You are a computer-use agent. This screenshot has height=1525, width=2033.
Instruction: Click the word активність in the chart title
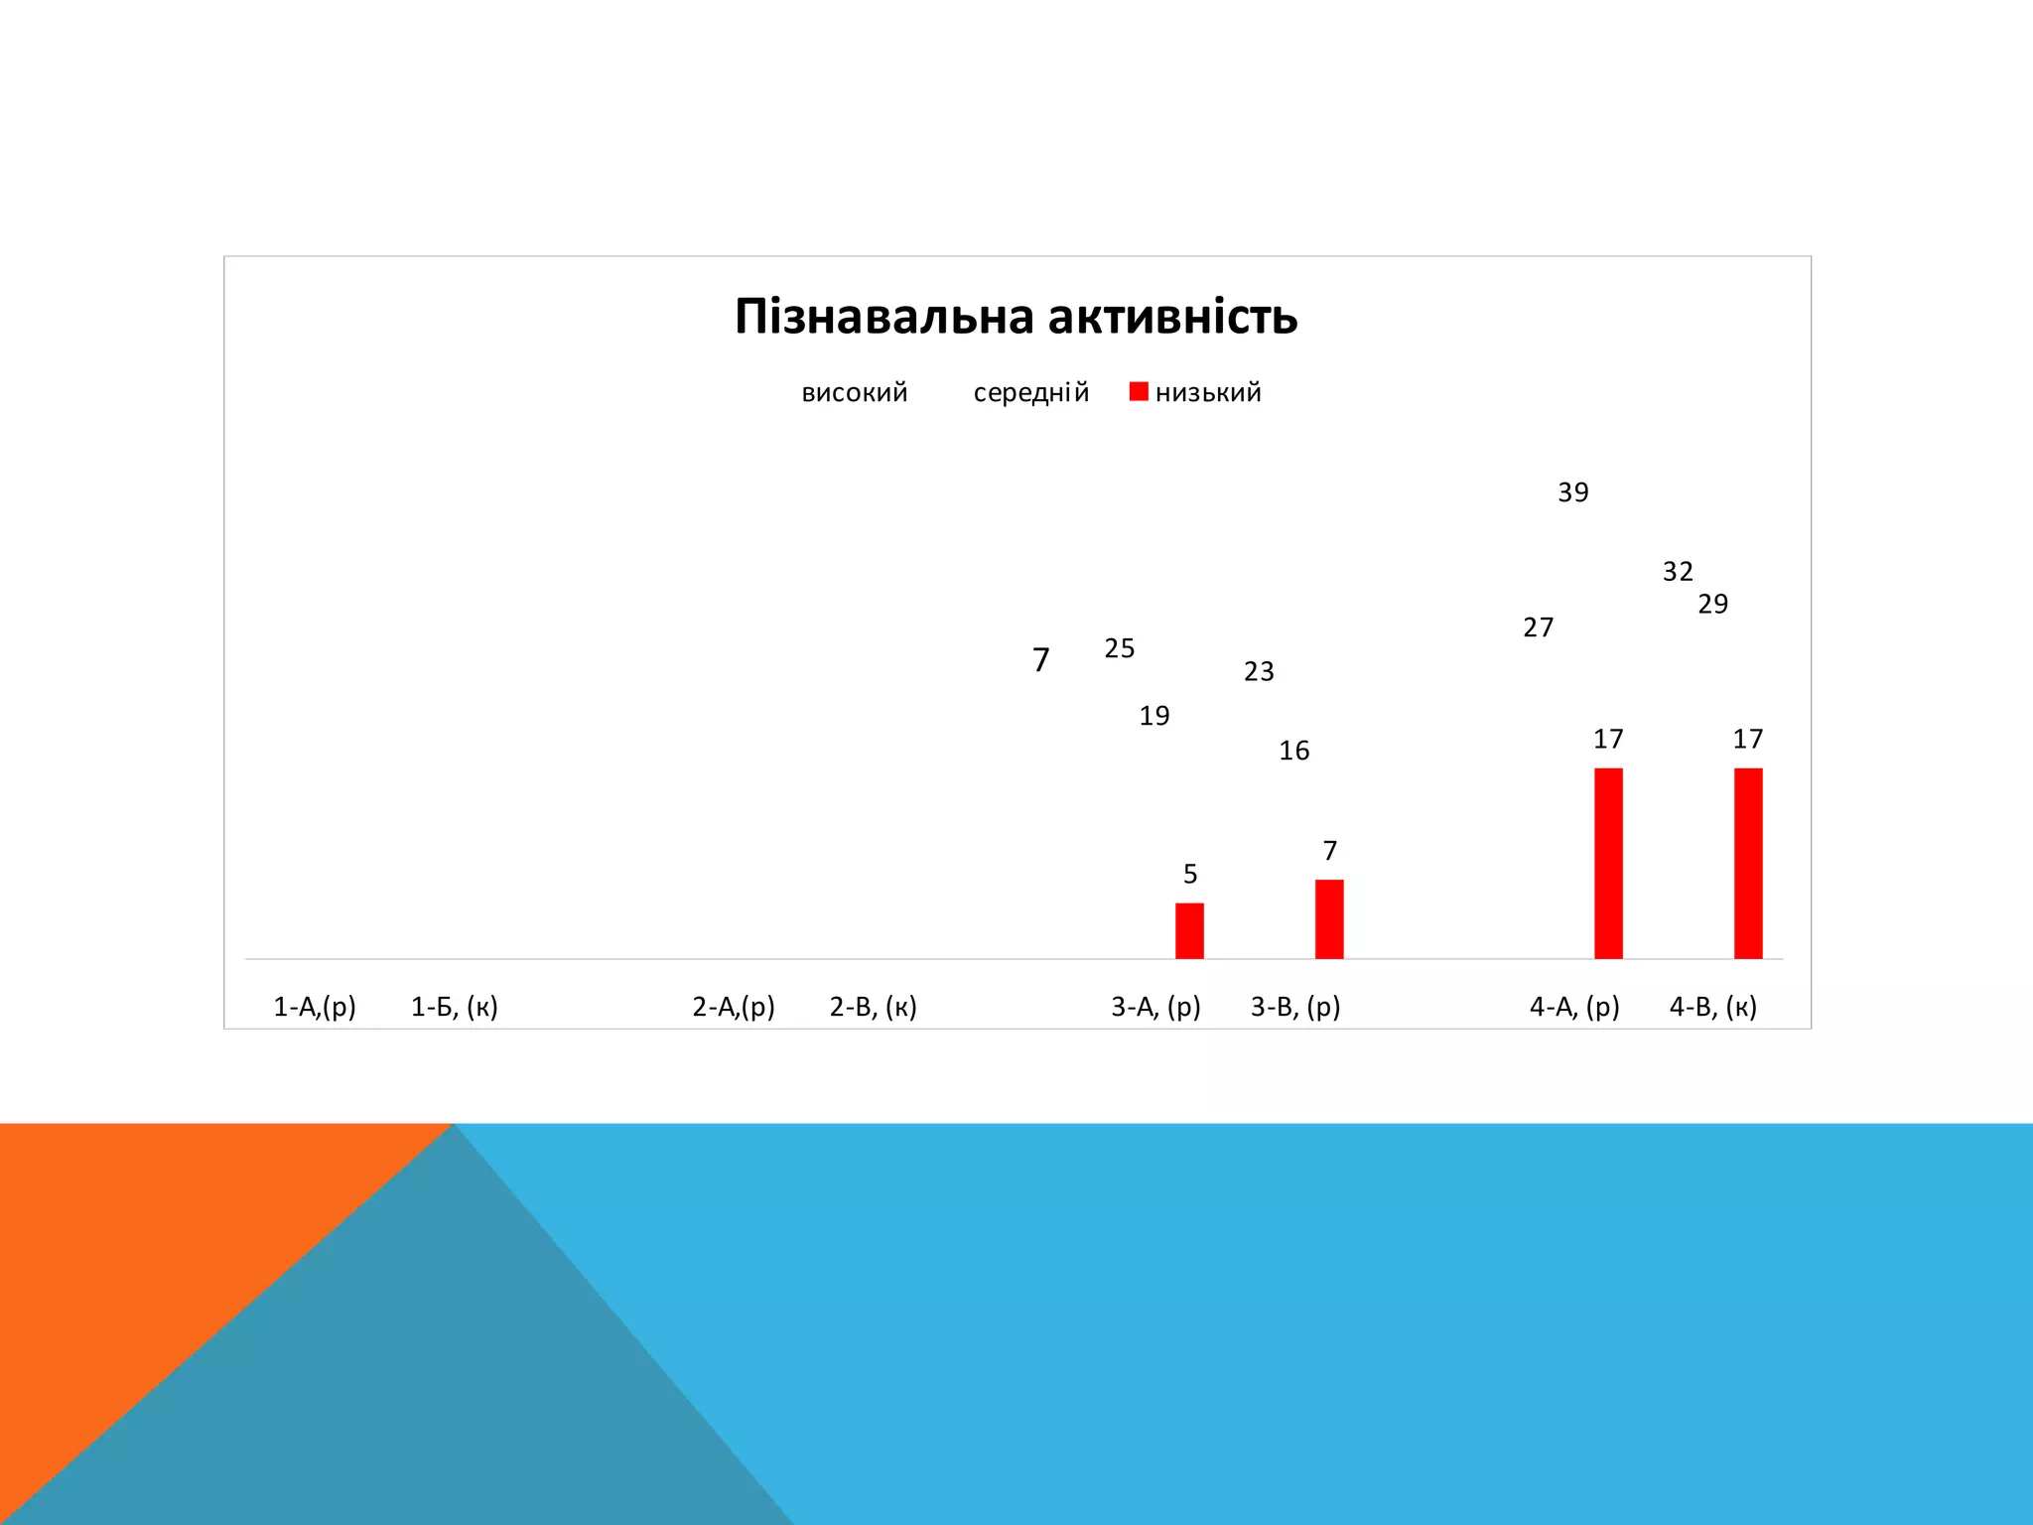1172,318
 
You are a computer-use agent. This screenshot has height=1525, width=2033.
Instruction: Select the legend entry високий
854,393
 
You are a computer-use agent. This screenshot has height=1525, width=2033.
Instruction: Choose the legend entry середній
1030,393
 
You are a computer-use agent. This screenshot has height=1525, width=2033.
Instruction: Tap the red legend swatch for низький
1139,392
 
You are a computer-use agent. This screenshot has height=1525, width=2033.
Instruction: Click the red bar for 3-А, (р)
1189,931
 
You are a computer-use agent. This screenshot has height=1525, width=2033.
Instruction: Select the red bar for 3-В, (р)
1329,919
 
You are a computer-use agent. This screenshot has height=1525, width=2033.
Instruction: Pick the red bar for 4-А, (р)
1608,864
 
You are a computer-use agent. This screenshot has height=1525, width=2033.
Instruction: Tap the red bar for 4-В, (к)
1748,864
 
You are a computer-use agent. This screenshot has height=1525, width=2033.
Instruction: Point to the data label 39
1573,492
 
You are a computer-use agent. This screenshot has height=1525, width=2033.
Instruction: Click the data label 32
1678,572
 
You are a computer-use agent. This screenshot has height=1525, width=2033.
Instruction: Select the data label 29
1712,605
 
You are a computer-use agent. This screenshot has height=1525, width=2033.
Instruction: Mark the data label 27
1538,627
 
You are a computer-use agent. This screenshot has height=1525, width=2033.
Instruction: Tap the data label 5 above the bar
1190,874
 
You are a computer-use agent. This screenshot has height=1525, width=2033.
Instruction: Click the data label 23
1259,672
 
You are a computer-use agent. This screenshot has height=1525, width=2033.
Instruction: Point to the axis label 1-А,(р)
314,1007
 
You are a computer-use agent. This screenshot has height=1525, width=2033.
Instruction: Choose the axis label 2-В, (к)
873,1007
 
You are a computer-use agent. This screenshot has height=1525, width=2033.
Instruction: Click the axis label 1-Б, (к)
454,1007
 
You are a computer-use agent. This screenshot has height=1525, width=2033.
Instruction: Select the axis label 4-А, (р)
1573,1007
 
